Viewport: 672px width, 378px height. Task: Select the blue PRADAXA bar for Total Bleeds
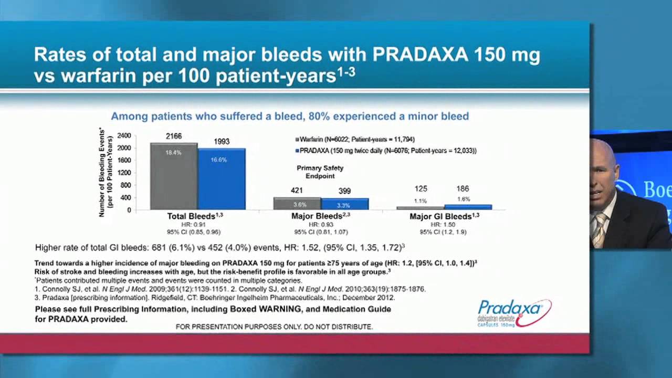pos(222,181)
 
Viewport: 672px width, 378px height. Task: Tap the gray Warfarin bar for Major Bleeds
pos(297,204)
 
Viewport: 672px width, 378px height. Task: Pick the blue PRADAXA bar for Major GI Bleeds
pos(468,207)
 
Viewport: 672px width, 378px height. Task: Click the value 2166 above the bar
pos(174,136)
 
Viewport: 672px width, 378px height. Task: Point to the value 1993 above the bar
pos(222,142)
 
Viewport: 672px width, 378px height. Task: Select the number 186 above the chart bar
pos(463,188)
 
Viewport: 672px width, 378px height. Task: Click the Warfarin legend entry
pos(355,140)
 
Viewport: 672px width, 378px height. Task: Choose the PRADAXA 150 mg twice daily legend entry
pos(386,151)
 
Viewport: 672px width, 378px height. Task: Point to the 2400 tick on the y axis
pos(124,135)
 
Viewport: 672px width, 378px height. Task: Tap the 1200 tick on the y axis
pos(124,173)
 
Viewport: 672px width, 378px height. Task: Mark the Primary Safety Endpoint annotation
pos(320,172)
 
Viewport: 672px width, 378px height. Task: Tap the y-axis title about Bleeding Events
pos(106,172)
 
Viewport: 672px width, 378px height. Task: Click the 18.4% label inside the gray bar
pos(174,153)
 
